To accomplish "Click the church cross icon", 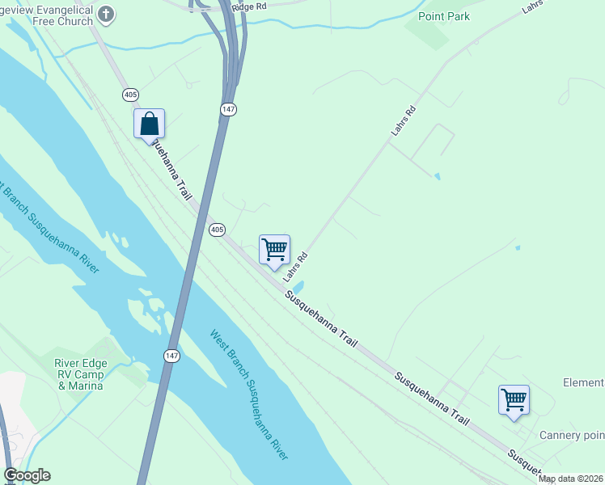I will coord(107,14).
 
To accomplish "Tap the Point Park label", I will coord(444,16).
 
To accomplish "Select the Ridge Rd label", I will coord(248,6).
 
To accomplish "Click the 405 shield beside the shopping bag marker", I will coord(130,95).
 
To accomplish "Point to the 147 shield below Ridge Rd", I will coord(229,108).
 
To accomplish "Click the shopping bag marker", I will coord(150,124).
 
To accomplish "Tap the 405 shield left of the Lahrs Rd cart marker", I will coord(217,230).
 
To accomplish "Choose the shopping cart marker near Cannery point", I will coord(514,399).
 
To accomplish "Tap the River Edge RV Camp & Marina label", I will coord(80,374).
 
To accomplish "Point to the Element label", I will coord(583,383).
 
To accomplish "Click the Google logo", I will coord(27,475).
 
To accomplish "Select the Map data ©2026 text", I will coord(571,479).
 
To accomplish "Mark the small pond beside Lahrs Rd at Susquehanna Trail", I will coord(297,287).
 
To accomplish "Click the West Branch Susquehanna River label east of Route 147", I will coord(249,394).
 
